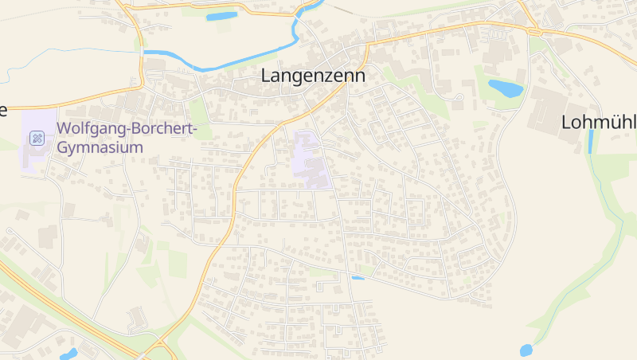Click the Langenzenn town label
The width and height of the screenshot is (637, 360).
313,76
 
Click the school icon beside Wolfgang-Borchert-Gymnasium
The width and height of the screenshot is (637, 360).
37,139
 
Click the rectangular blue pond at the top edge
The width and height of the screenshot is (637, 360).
221,16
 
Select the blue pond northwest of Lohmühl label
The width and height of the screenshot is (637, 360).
505,88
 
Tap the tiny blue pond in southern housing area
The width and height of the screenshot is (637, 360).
358,277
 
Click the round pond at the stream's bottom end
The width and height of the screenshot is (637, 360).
526,350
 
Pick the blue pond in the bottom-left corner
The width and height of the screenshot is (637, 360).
68,354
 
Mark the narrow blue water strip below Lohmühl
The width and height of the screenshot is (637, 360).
590,141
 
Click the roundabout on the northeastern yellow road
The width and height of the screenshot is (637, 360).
534,31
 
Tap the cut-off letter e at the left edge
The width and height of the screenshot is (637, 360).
3,110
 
